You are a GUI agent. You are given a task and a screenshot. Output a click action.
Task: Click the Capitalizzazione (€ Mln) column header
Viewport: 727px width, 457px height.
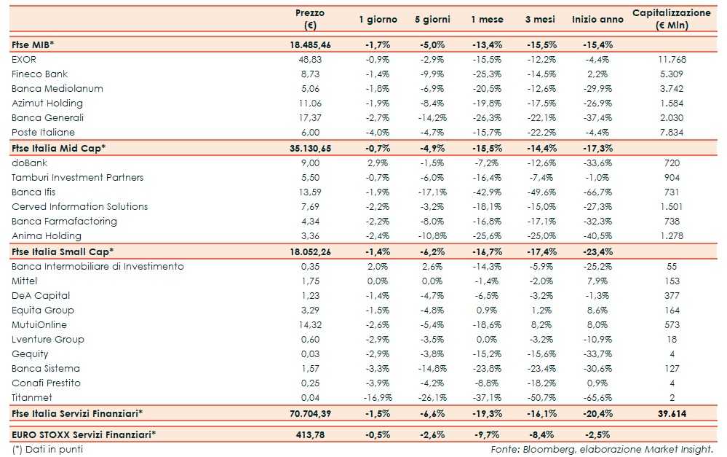671,20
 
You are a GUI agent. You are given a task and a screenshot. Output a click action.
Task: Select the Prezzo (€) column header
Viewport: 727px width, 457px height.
310,20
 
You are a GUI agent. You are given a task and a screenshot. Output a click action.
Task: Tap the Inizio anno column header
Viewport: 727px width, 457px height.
597,20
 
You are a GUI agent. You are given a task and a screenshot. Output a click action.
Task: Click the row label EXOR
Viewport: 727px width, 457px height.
24,59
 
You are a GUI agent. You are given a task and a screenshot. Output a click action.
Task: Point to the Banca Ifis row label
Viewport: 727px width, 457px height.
33,192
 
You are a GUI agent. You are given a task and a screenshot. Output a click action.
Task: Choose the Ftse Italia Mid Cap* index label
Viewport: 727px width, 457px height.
58,148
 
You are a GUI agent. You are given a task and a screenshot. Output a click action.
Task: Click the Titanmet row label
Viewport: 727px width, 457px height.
32,398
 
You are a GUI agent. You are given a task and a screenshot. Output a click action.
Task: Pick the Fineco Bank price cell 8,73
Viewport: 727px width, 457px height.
310,74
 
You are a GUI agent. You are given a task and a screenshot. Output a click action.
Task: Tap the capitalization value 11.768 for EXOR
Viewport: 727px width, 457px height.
671,59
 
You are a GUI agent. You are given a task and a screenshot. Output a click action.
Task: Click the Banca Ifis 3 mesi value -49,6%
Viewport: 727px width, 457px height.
541,192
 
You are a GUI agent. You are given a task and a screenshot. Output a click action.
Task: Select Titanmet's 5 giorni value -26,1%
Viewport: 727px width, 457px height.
432,398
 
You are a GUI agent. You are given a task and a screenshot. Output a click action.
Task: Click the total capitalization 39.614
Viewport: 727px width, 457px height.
671,413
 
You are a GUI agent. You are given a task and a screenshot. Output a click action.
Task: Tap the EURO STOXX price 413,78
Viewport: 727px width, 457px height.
310,435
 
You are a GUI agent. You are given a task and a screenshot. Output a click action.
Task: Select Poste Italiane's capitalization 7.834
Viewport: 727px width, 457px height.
671,133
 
